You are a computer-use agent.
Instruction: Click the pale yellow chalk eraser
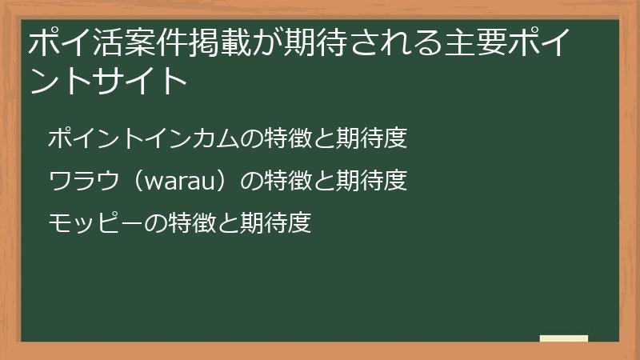(x=564, y=338)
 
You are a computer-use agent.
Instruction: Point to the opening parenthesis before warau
(x=132, y=182)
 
